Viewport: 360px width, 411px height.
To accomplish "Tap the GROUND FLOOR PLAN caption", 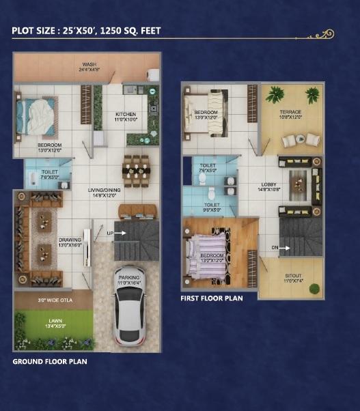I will tap(50, 361).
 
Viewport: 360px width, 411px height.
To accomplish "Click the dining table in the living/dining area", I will tap(135, 170).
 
